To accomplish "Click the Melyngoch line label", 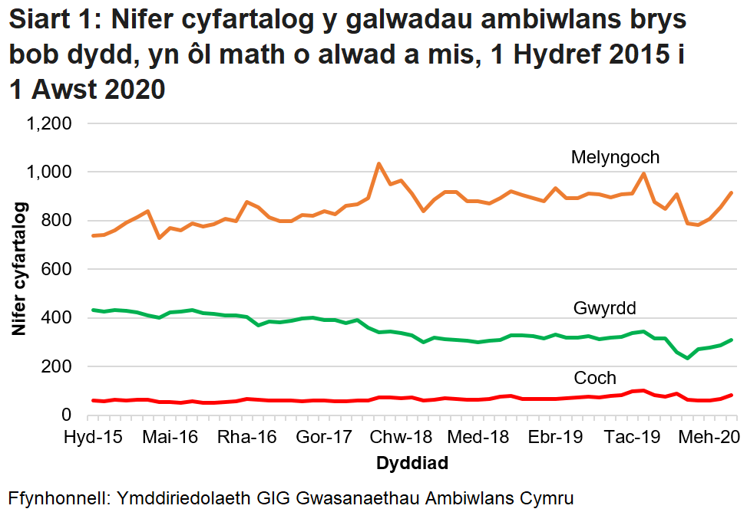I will pyautogui.click(x=615, y=158).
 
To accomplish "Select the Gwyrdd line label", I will pyautogui.click(x=605, y=309).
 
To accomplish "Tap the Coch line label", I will pyautogui.click(x=595, y=378).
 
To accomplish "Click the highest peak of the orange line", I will pyautogui.click(x=378, y=163).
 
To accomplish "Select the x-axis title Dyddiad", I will pyautogui.click(x=412, y=464).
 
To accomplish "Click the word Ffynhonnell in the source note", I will pyautogui.click(x=59, y=498).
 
